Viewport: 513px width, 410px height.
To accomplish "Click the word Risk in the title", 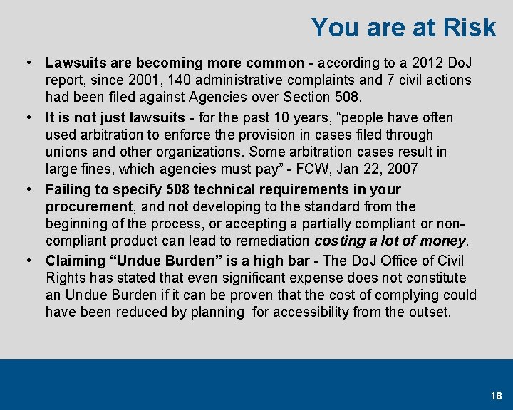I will pos(469,28).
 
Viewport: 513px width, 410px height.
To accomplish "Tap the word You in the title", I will pos(331,28).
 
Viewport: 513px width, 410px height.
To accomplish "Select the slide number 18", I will pos(496,395).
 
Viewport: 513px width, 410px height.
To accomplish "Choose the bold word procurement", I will pos(89,206).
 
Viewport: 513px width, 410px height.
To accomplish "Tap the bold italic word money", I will pos(442,241).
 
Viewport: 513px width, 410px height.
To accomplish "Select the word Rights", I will pos(65,278).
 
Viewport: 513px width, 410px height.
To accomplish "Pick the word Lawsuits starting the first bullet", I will pos(76,63).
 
